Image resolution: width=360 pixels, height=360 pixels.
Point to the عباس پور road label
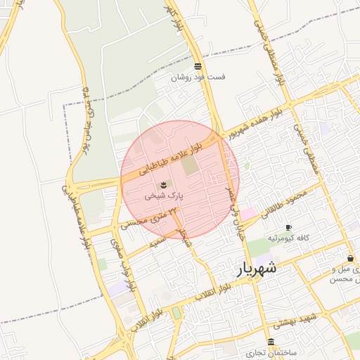tap(89, 112)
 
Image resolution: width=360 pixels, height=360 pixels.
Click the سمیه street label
tap(159, 243)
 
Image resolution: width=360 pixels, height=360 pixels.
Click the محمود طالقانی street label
tap(284, 204)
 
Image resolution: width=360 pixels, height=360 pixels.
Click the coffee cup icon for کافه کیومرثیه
tap(288, 227)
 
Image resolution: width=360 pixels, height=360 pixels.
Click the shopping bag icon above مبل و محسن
tap(349, 258)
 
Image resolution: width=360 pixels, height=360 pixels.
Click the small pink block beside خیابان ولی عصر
tap(250, 213)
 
